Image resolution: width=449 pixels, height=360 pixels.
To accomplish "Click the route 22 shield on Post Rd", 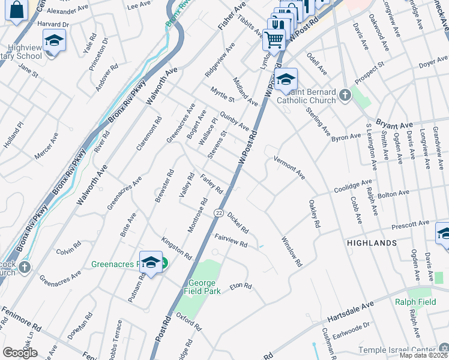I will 218,213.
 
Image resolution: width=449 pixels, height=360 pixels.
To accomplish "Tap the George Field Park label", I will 206,287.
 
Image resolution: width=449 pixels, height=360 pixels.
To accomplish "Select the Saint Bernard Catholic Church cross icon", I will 345,95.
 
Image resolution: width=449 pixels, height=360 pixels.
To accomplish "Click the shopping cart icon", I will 274,40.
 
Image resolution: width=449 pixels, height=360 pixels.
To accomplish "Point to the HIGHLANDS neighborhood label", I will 372,243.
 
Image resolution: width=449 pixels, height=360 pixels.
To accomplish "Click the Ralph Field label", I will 415,302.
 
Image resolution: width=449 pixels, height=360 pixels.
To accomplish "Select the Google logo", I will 20,352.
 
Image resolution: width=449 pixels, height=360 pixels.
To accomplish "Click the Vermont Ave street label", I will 289,167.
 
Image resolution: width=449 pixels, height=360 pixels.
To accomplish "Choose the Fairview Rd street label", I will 231,241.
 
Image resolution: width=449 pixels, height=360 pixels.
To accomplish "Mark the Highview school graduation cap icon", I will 54,41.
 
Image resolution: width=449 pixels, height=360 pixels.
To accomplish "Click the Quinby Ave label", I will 234,119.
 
